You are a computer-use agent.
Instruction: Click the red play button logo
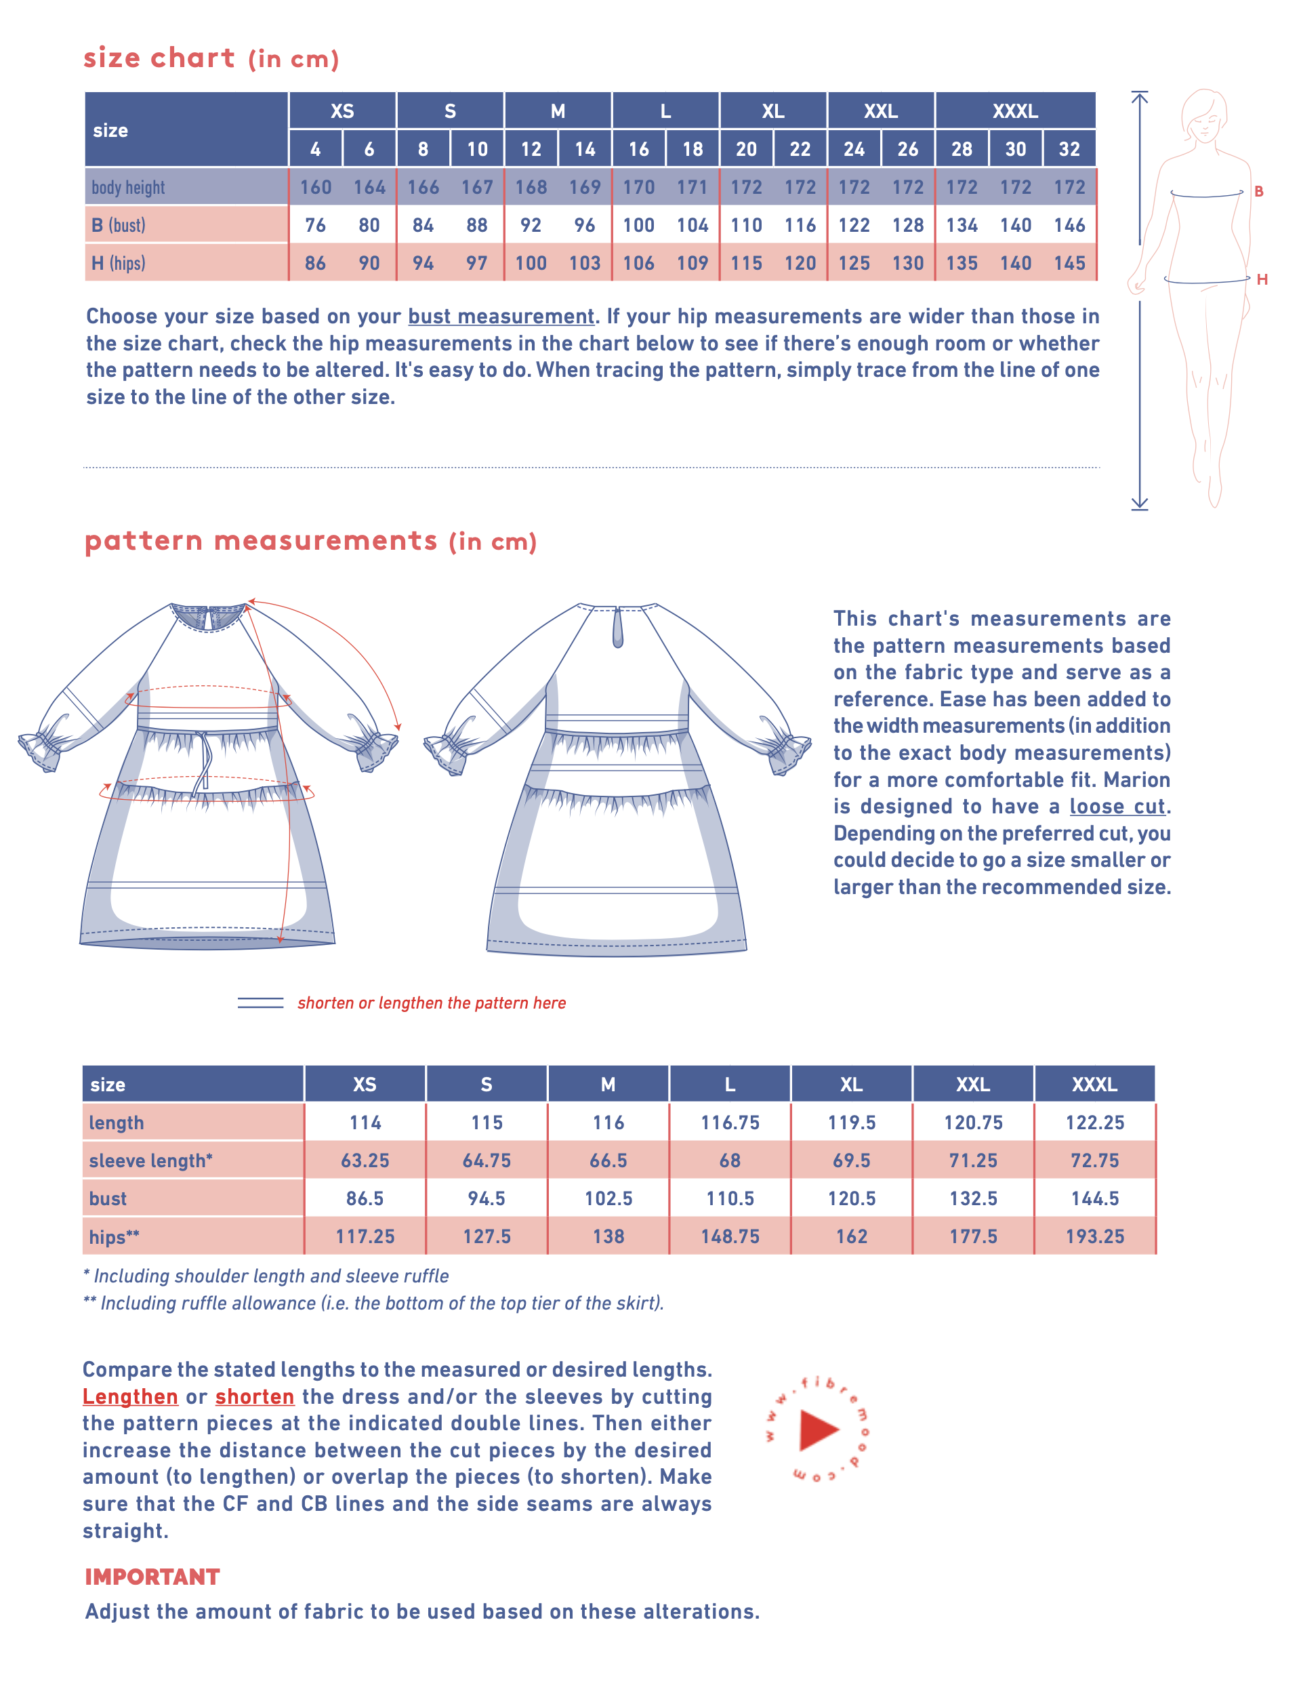pyautogui.click(x=819, y=1430)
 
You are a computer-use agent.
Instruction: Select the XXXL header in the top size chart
pyautogui.click(x=1015, y=111)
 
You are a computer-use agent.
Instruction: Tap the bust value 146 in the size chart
pyautogui.click(x=1069, y=225)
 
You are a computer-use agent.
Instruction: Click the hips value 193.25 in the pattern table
pyautogui.click(x=1094, y=1236)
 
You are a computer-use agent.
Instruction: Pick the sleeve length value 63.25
pyautogui.click(x=365, y=1160)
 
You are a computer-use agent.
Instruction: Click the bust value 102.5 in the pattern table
pyautogui.click(x=608, y=1198)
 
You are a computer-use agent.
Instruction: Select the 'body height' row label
pyautogui.click(x=129, y=187)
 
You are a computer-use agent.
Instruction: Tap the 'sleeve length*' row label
pyautogui.click(x=151, y=1160)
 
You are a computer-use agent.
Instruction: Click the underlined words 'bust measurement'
pyautogui.click(x=501, y=317)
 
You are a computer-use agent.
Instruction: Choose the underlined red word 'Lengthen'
pyautogui.click(x=130, y=1396)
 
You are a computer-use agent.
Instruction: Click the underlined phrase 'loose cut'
pyautogui.click(x=1117, y=806)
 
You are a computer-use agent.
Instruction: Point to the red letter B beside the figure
pyautogui.click(x=1259, y=191)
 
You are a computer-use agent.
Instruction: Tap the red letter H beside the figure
pyautogui.click(x=1262, y=279)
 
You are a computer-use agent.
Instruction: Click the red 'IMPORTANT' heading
pyautogui.click(x=152, y=1577)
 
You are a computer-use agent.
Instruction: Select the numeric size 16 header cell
pyautogui.click(x=638, y=148)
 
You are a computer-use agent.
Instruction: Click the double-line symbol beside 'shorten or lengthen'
pyautogui.click(x=260, y=1002)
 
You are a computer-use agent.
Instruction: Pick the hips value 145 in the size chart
pyautogui.click(x=1069, y=263)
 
